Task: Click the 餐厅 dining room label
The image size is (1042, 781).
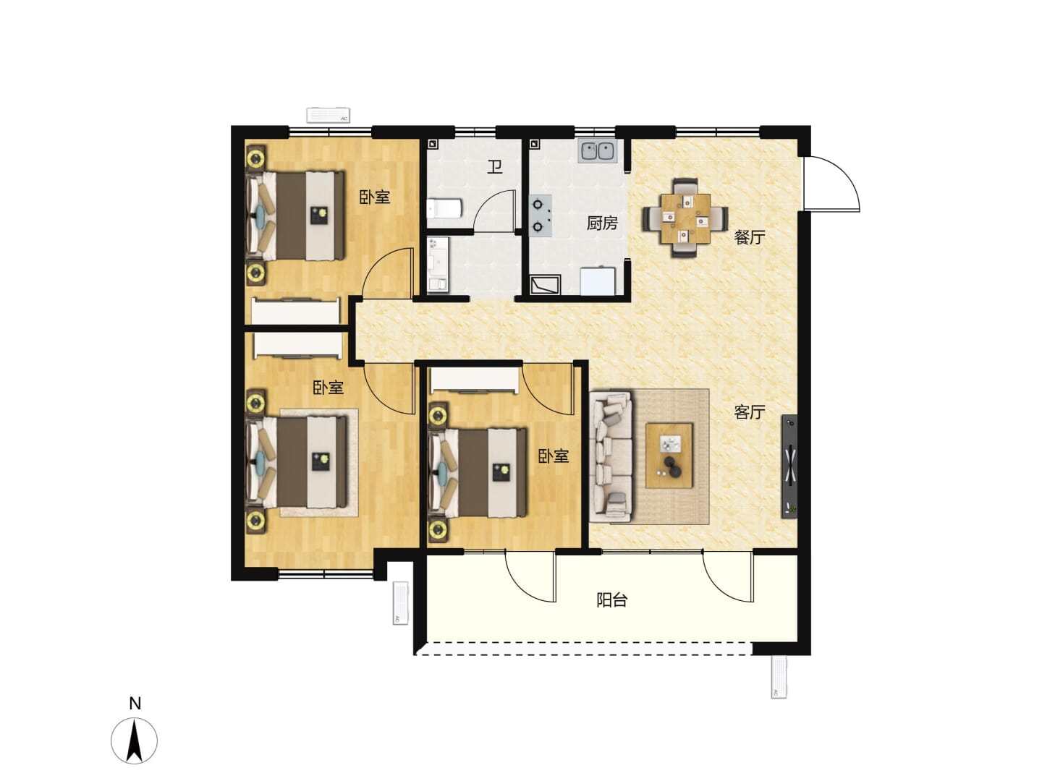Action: tap(749, 237)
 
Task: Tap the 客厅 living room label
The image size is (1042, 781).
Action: tap(749, 411)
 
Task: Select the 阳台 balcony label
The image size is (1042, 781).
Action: tap(612, 600)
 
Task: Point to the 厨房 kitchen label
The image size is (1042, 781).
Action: tap(602, 223)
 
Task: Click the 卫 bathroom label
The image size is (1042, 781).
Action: tap(495, 167)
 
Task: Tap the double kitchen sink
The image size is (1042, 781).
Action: tap(597, 151)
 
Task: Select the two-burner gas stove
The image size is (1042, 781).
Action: tap(541, 215)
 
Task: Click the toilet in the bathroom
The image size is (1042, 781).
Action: tap(444, 209)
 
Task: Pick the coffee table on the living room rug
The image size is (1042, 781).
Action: tap(669, 456)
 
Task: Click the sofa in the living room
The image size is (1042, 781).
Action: tap(611, 456)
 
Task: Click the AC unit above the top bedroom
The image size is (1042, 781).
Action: tap(328, 115)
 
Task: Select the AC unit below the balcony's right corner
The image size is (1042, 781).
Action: tap(779, 677)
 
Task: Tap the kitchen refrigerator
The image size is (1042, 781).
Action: tap(598, 281)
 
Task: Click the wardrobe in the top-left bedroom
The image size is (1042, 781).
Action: tap(296, 311)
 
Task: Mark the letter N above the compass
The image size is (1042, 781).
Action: tap(135, 704)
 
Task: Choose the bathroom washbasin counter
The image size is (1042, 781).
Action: tap(439, 265)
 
